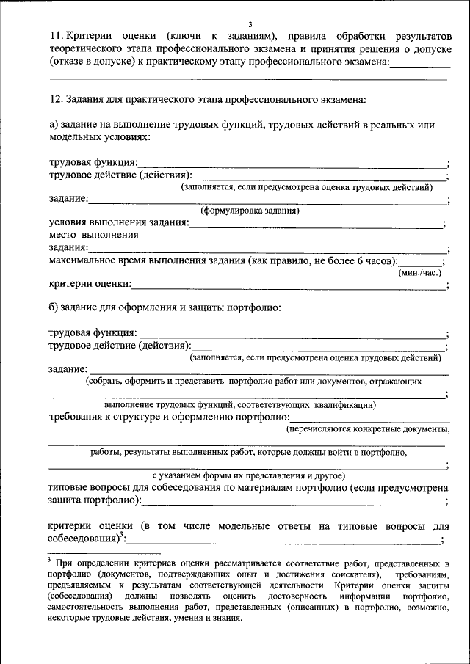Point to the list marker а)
54,125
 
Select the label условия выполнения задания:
118,223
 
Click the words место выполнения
93,236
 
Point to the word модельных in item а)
73,137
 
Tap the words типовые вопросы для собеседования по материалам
198,488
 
